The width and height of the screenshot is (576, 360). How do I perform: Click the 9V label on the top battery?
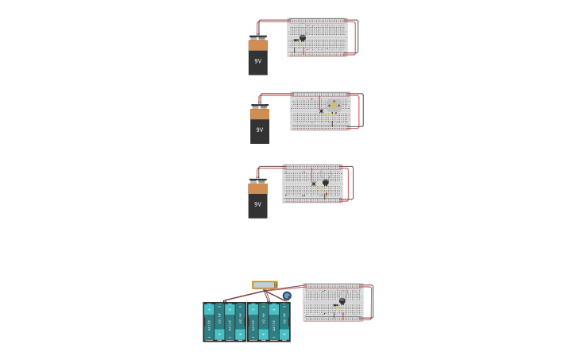tap(257, 61)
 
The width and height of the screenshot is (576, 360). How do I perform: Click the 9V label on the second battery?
tap(260, 130)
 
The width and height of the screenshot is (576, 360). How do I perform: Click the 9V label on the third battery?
tap(257, 204)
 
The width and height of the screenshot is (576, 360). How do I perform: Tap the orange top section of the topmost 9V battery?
tap(257, 45)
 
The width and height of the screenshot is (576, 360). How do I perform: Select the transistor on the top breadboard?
tap(303, 37)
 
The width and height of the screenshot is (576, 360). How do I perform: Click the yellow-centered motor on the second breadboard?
tap(334, 105)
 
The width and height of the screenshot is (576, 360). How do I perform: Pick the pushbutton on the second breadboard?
tap(321, 111)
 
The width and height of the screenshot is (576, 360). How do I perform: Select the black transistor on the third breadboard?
tap(325, 182)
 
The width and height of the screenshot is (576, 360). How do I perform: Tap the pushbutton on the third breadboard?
tap(314, 184)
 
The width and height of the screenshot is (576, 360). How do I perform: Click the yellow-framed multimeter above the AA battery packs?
tap(265, 285)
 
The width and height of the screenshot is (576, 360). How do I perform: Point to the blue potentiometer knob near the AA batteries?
tap(287, 296)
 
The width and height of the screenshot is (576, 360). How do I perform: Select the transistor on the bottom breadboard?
tap(342, 301)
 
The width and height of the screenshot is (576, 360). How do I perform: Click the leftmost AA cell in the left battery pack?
tap(209, 321)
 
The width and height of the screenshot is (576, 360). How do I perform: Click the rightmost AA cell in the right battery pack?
tap(284, 321)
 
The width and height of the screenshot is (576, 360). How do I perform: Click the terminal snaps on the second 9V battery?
tap(260, 106)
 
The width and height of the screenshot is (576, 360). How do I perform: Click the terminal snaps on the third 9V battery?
tap(257, 180)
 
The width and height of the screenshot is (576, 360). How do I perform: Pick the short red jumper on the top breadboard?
tap(303, 50)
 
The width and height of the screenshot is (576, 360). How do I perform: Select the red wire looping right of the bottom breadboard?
tap(371, 302)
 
